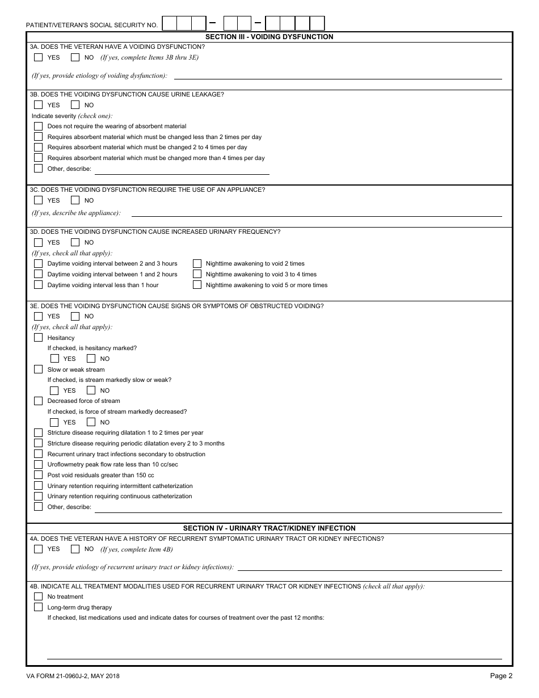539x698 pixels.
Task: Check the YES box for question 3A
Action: (x=38, y=57)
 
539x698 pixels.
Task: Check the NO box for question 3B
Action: (x=75, y=105)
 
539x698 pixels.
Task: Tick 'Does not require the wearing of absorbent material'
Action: (x=38, y=126)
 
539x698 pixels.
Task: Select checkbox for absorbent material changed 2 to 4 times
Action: (x=38, y=148)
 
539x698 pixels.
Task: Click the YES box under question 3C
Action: (x=38, y=200)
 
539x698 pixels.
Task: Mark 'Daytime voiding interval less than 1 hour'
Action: (x=38, y=285)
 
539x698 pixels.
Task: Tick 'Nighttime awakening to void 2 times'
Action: (x=197, y=263)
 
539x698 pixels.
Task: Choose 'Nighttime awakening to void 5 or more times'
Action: (x=197, y=285)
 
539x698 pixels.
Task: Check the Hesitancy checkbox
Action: (x=38, y=338)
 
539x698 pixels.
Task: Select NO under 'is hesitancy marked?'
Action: (x=91, y=359)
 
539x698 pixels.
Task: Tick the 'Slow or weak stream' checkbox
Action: (x=38, y=369)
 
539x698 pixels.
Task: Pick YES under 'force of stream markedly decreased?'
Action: (x=54, y=422)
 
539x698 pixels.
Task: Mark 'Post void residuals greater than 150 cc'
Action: (x=38, y=475)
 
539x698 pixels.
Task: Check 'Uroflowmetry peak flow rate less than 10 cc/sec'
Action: (x=38, y=464)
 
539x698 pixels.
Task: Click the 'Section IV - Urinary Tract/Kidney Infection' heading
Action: (x=269, y=528)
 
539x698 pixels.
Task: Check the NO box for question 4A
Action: (x=75, y=549)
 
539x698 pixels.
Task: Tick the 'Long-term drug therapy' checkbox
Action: (x=38, y=607)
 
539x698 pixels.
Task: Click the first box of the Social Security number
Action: (x=170, y=23)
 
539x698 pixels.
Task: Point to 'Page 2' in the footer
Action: (x=501, y=676)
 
